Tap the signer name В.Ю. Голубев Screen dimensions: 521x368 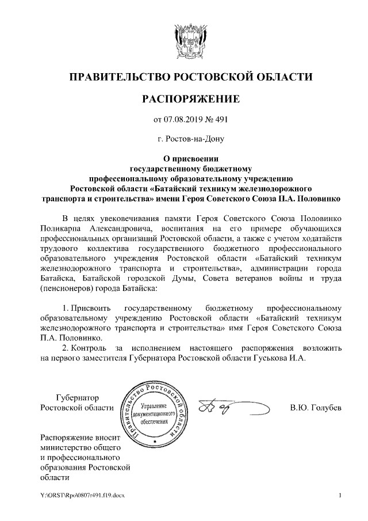(x=316, y=408)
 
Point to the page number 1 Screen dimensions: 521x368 (x=340, y=495)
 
